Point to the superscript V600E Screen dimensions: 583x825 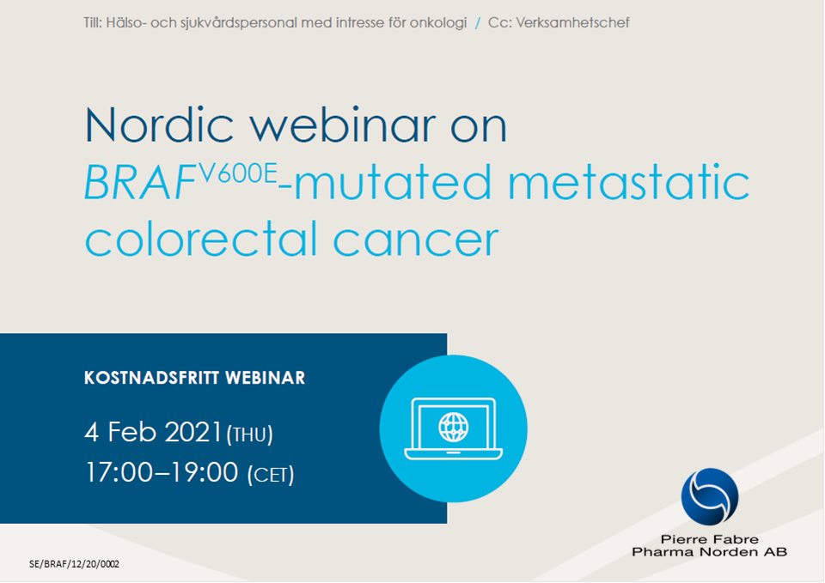point(238,173)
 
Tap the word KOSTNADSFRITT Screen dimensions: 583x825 point(151,378)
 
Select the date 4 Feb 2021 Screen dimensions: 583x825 point(154,431)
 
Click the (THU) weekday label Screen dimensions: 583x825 point(249,434)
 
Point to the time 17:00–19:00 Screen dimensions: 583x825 point(161,472)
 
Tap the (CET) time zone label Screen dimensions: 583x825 point(271,475)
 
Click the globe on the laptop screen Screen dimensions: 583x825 point(453,424)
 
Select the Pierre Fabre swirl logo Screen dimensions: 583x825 point(709,497)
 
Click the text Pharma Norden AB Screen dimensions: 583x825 point(709,552)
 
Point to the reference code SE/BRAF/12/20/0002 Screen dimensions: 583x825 point(75,564)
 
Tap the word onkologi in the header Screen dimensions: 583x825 point(438,22)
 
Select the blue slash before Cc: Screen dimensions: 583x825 point(478,22)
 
